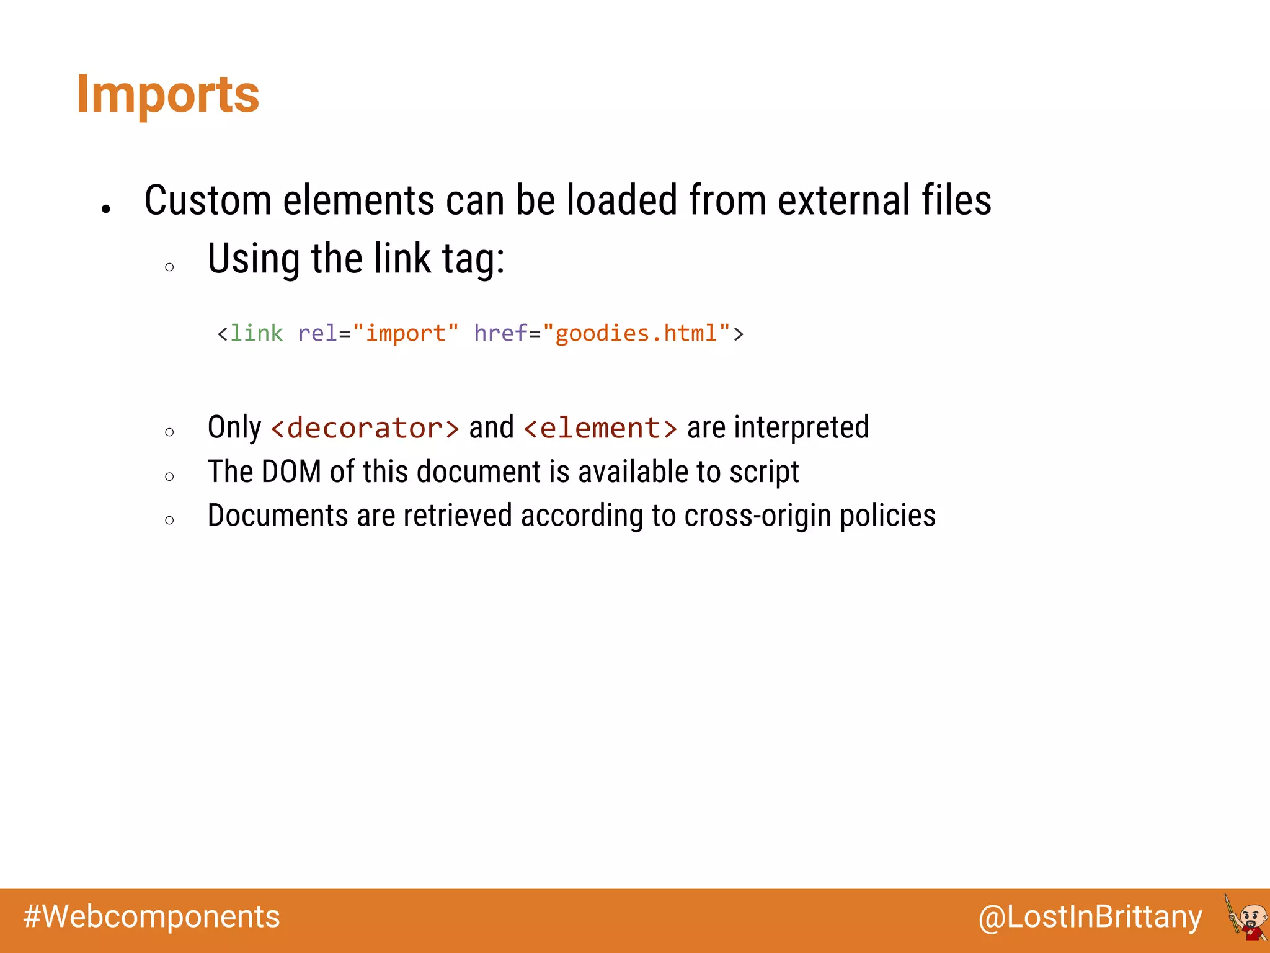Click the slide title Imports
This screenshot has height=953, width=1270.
coord(167,94)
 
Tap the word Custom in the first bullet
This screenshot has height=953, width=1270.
coord(208,200)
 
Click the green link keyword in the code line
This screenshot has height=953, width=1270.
coord(256,333)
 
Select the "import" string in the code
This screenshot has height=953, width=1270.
coord(405,333)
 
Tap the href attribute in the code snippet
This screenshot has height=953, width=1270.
coord(500,333)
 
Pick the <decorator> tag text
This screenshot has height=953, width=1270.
coord(365,428)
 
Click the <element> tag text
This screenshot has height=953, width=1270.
coord(600,428)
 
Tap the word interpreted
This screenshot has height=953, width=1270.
coord(801,427)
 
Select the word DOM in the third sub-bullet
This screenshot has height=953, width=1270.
coord(291,472)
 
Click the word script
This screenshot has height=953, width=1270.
coord(764,472)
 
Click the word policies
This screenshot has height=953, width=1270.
coord(887,516)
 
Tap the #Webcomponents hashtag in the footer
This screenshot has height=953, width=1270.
coord(151,917)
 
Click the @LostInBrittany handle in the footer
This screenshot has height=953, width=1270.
coord(1090,917)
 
